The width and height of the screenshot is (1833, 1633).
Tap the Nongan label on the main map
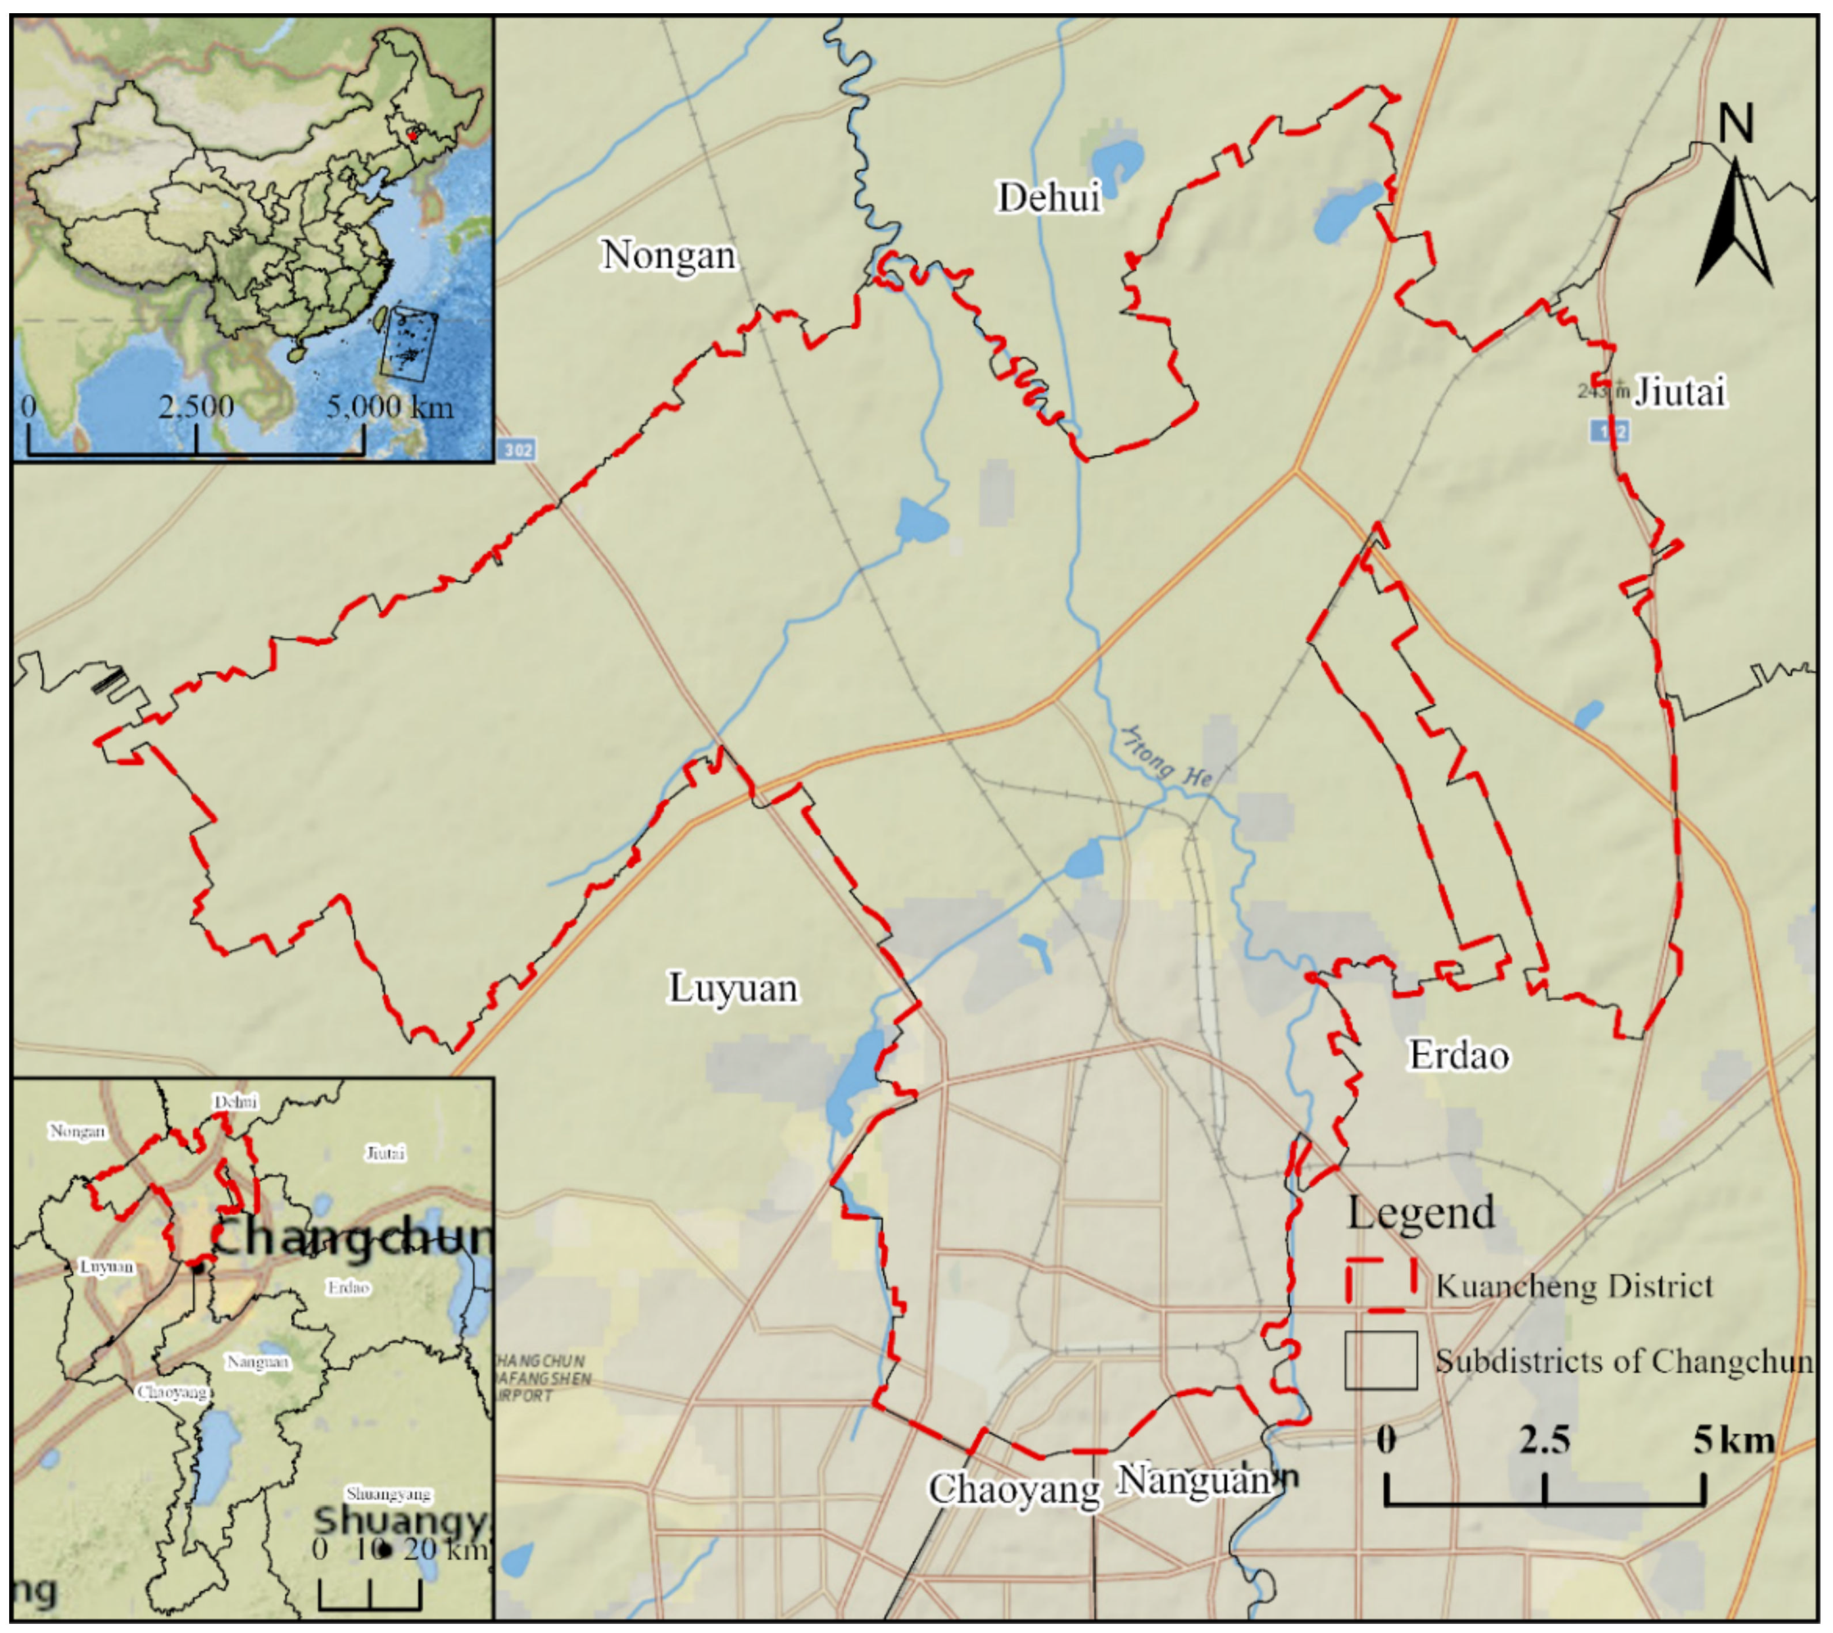668,255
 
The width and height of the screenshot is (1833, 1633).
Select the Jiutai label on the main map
1679,392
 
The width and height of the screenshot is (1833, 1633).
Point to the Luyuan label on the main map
733,988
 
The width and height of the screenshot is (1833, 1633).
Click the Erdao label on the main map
1459,1055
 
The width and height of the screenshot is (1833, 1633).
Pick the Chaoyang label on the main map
1014,1490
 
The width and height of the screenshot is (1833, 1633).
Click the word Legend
1421,1213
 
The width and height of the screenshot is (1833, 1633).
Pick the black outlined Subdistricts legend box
1380,1360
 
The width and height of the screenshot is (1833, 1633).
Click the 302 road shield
517,448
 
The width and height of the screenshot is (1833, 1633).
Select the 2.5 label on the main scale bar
1545,1440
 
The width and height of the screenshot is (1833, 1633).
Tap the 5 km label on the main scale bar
1732,1440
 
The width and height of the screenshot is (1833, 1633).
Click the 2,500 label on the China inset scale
197,407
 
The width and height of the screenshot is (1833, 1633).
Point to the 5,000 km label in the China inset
389,407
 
